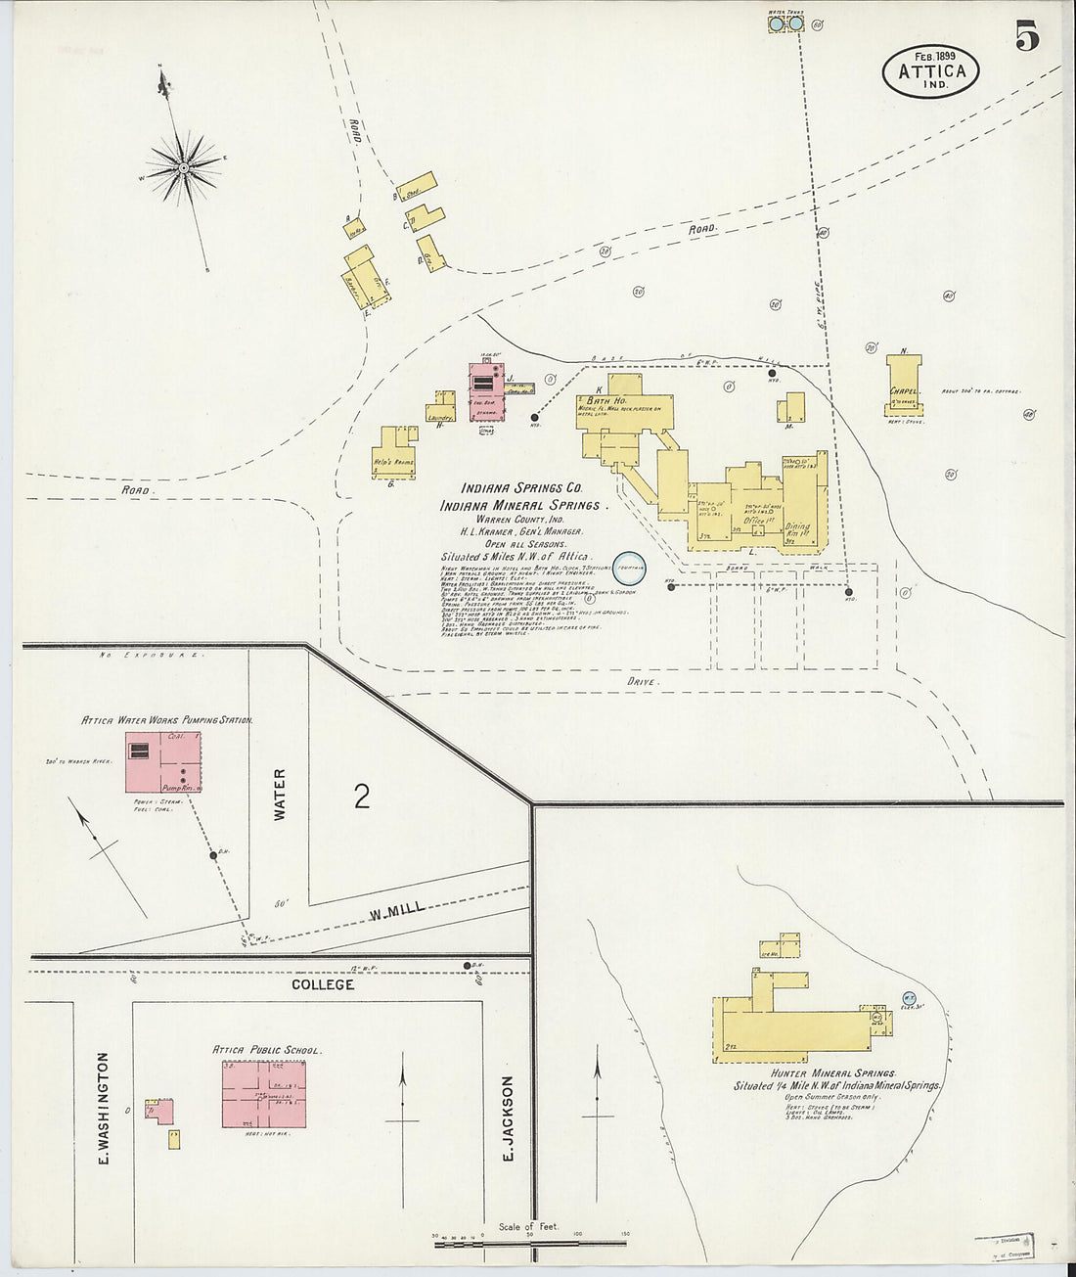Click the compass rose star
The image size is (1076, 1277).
pos(183,169)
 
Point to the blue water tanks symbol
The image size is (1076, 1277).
pos(786,23)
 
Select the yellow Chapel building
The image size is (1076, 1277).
pos(904,388)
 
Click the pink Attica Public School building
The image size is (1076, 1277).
pos(263,1093)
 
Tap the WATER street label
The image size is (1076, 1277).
pos(280,794)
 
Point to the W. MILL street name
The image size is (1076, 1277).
pos(397,912)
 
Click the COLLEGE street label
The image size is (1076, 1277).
pos(323,983)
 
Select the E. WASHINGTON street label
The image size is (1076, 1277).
pos(102,1108)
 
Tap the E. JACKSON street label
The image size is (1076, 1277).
pos(508,1118)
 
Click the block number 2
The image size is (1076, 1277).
pos(362,797)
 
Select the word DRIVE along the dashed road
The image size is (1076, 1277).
pos(644,681)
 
